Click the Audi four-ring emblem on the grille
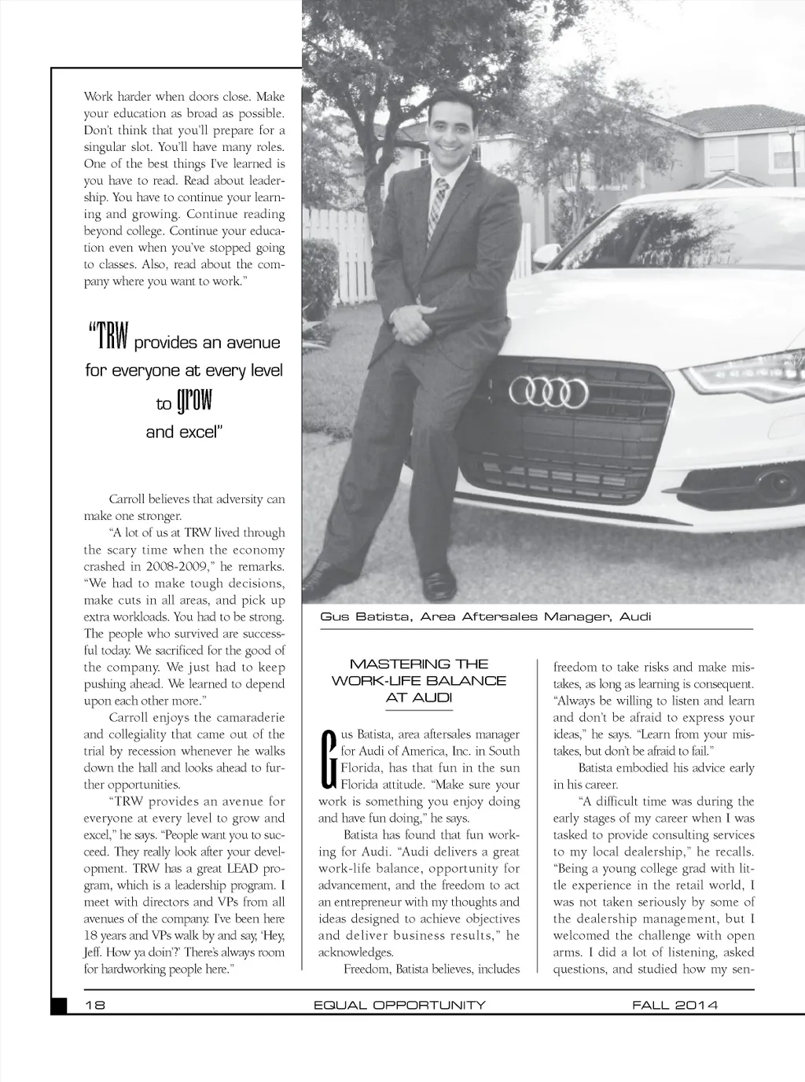pyautogui.click(x=549, y=391)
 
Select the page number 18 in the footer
pyautogui.click(x=95, y=1005)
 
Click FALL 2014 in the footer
pyautogui.click(x=675, y=1005)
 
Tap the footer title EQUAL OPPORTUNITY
pyautogui.click(x=399, y=1005)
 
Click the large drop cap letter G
pyautogui.click(x=329, y=760)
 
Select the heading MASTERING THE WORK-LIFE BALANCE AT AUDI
pyautogui.click(x=419, y=680)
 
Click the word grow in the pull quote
pyautogui.click(x=194, y=402)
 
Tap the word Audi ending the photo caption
pyautogui.click(x=635, y=616)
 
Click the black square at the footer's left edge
pyautogui.click(x=59, y=1006)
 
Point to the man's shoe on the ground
pyautogui.click(x=435, y=586)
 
